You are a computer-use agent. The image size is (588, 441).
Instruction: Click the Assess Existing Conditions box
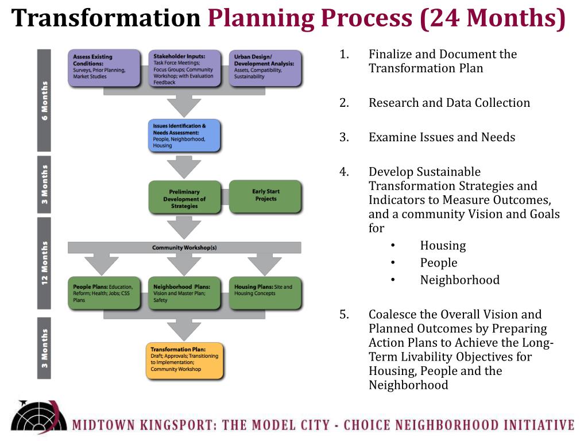point(104,68)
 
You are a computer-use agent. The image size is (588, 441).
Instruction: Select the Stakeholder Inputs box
point(184,68)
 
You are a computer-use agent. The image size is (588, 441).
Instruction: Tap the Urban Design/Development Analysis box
point(265,68)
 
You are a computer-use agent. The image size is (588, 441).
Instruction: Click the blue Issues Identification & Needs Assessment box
point(184,136)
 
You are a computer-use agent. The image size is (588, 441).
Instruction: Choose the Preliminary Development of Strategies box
point(184,198)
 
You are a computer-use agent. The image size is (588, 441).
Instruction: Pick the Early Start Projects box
point(265,196)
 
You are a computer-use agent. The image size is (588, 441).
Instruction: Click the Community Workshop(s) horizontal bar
point(184,247)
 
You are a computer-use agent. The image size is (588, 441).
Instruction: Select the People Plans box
point(104,293)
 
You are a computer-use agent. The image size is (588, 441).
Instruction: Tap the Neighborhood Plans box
point(184,293)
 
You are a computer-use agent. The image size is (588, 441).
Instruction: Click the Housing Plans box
point(265,293)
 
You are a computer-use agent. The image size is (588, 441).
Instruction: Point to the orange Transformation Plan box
point(184,361)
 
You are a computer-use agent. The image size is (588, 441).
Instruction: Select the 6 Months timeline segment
point(44,100)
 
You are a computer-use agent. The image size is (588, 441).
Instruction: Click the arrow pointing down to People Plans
point(102,264)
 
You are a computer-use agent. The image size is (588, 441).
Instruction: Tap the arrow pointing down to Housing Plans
point(265,264)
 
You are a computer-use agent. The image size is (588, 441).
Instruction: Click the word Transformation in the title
point(106,18)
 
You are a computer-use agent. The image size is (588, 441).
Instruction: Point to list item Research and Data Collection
point(449,103)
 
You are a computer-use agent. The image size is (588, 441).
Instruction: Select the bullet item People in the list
point(439,262)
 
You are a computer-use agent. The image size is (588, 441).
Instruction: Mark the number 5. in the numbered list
point(345,314)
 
